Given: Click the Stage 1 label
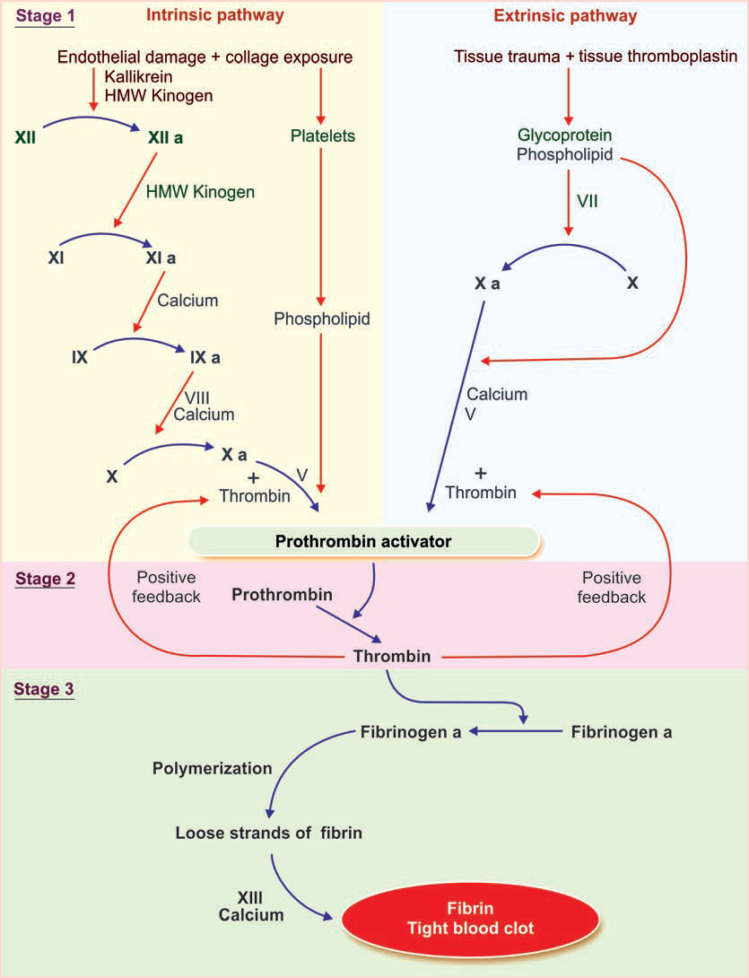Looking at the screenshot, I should pos(44,17).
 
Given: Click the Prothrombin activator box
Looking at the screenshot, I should pos(362,541).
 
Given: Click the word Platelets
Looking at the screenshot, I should pos(323,136).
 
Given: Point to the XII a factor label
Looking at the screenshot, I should pos(170,138).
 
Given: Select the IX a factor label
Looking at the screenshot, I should pos(205,356).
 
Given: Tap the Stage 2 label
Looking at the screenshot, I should pos(45,579).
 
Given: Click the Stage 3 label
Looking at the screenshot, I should pos(45,690).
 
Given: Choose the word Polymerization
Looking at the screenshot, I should pos(212,768).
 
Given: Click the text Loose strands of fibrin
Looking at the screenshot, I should pos(268,833).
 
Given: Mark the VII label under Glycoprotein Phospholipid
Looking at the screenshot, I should pos(587,202).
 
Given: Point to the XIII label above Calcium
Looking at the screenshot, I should pos(251,897).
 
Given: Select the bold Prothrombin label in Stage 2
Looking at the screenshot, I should pos(282,595).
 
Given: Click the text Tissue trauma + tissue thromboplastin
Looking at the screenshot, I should pos(597,57).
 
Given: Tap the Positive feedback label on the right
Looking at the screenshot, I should pos(614,588).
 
